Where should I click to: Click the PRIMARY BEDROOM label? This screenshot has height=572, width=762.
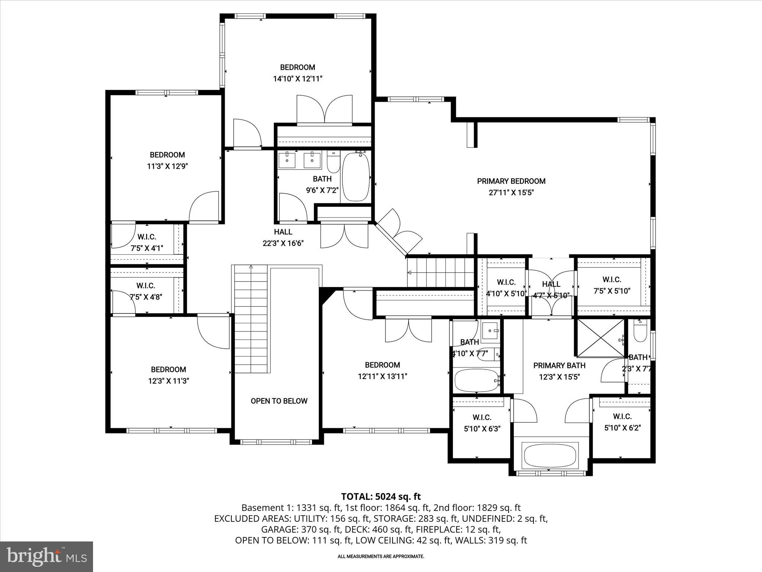pyautogui.click(x=511, y=181)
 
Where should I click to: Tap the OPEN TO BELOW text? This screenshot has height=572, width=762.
pyautogui.click(x=279, y=401)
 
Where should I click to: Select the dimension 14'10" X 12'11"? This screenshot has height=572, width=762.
pyautogui.click(x=297, y=79)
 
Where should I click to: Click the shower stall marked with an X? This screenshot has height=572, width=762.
pyautogui.click(x=600, y=338)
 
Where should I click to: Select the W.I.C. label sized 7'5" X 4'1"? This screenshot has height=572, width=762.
pyautogui.click(x=147, y=237)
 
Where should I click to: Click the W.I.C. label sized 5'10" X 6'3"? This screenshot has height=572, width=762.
pyautogui.click(x=482, y=417)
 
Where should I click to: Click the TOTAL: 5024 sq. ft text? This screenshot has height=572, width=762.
pyautogui.click(x=381, y=496)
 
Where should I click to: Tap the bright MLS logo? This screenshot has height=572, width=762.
pyautogui.click(x=47, y=557)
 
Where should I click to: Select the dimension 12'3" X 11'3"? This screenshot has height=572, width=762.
pyautogui.click(x=169, y=381)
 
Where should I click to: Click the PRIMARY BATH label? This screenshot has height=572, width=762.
pyautogui.click(x=559, y=365)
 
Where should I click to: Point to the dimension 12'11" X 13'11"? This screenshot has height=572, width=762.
pyautogui.click(x=382, y=376)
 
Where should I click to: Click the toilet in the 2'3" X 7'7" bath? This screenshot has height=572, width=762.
pyautogui.click(x=640, y=333)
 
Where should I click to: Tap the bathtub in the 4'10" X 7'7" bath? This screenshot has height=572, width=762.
pyautogui.click(x=477, y=380)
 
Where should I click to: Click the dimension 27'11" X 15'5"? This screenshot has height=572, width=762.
pyautogui.click(x=511, y=193)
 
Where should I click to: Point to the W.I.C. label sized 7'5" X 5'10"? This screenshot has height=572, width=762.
pyautogui.click(x=612, y=279)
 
